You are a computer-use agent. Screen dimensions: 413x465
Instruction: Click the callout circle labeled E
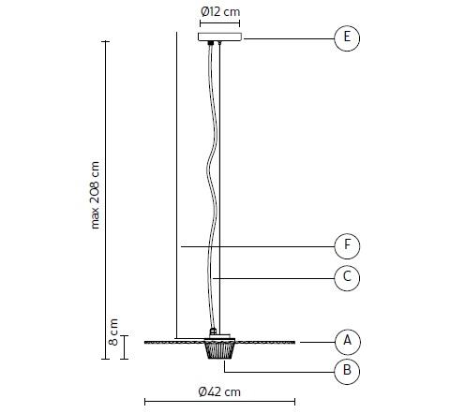(x=347, y=38)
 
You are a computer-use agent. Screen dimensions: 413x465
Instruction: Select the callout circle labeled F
(x=347, y=246)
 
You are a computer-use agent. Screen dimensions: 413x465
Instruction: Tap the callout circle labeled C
(x=347, y=277)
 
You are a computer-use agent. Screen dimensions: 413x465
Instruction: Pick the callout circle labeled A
(x=347, y=340)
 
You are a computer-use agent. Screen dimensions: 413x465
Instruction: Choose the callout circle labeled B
(x=347, y=372)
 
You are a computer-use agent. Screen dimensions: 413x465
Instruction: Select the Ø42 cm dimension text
(x=219, y=391)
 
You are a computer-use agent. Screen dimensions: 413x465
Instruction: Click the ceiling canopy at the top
(x=219, y=37)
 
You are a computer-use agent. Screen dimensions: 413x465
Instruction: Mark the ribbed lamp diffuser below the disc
(x=219, y=350)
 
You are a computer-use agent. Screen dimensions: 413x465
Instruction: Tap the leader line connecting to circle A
(x=314, y=340)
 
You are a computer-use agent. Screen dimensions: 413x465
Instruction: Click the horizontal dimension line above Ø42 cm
(x=219, y=404)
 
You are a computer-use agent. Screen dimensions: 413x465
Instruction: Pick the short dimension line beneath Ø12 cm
(x=219, y=23)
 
